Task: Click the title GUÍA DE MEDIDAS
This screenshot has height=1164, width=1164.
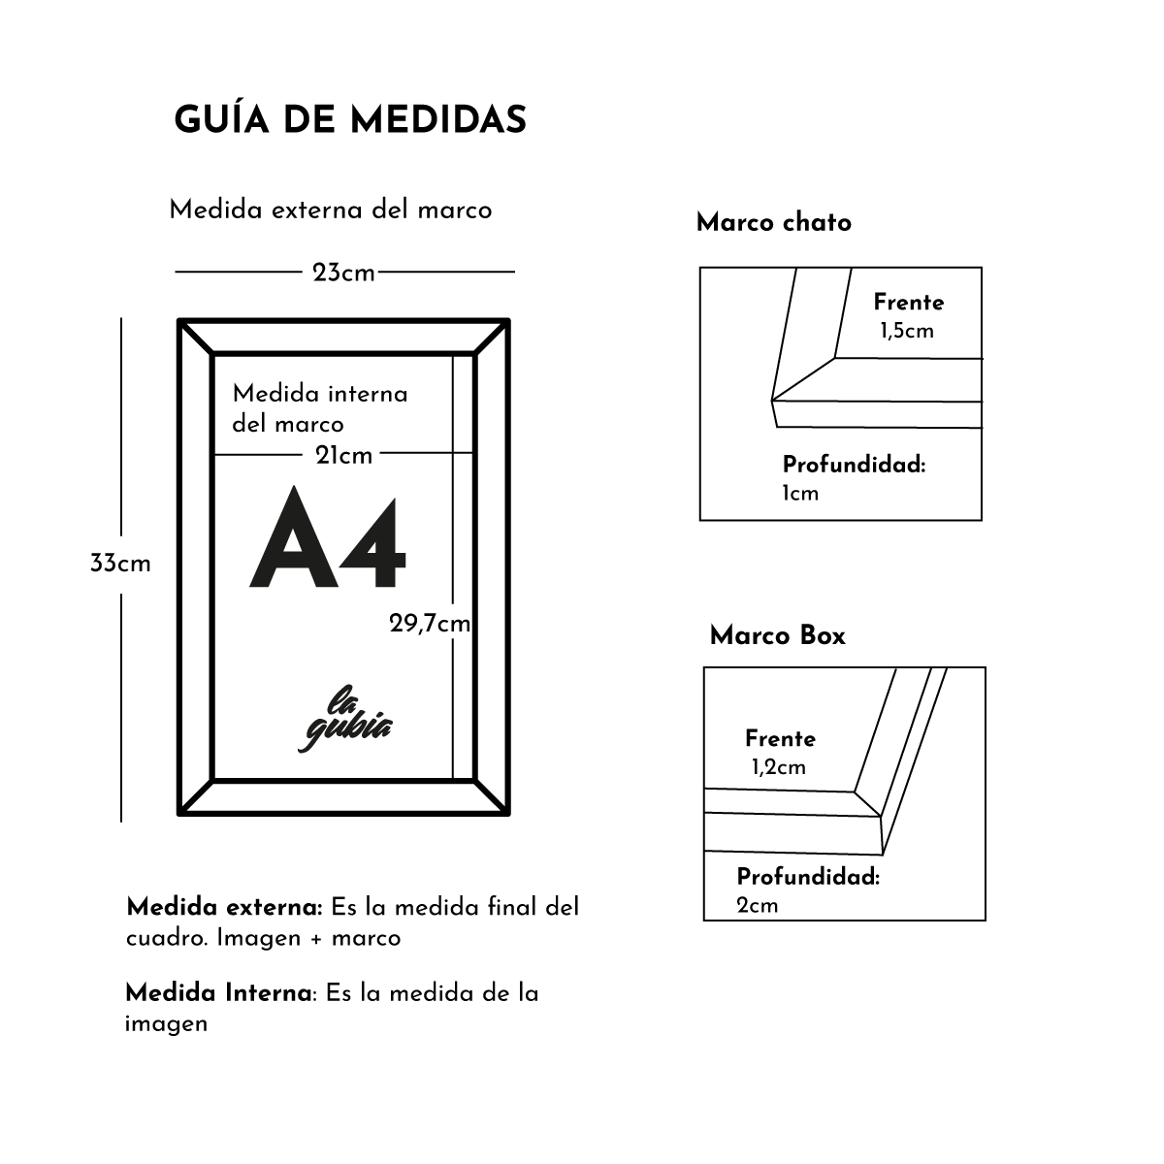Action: [350, 119]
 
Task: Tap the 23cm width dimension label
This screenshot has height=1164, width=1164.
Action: [343, 274]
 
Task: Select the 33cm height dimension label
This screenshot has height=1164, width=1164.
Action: [120, 564]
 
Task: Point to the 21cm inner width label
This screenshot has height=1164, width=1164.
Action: [343, 455]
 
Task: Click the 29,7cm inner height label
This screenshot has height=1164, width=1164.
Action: [430, 624]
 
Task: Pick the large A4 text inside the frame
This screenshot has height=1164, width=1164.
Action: [328, 540]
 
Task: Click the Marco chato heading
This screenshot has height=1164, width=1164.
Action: [773, 222]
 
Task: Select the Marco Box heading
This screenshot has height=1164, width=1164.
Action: [777, 635]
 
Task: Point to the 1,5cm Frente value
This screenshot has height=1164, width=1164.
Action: [906, 331]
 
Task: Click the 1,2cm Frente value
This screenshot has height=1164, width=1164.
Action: [778, 767]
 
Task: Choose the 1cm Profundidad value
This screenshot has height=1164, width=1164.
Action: [800, 494]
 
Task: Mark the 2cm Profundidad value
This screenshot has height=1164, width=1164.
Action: [757, 906]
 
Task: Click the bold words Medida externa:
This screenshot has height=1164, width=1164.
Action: [224, 908]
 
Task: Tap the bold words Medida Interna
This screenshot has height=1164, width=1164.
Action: [219, 993]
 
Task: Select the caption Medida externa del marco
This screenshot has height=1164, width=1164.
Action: [330, 210]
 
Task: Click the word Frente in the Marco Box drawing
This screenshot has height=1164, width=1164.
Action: [780, 738]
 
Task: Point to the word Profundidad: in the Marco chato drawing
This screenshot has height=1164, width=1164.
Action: [854, 465]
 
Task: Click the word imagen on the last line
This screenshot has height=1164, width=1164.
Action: [166, 1023]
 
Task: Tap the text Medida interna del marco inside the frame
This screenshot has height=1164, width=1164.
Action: [319, 408]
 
